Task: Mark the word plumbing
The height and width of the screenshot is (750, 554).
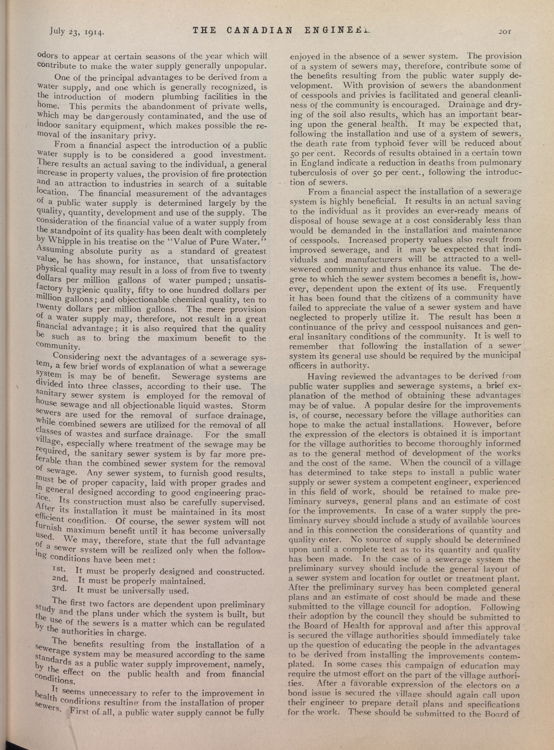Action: pyautogui.click(x=183, y=97)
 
